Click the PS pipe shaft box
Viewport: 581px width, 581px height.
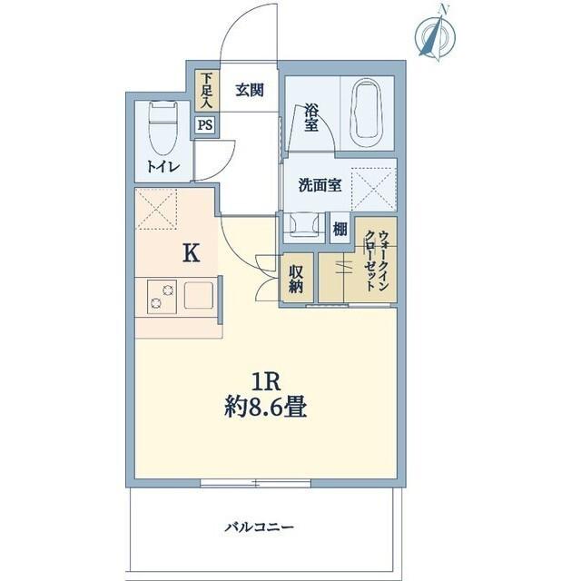(205, 126)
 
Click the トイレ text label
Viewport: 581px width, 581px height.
(163, 167)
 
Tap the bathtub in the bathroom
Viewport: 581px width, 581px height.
(368, 113)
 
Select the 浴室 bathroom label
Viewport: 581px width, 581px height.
(311, 118)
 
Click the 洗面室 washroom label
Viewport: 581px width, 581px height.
(320, 185)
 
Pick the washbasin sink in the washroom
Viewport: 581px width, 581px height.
(301, 224)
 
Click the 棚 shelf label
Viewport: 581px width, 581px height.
(340, 230)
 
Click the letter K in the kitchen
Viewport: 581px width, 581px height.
(191, 253)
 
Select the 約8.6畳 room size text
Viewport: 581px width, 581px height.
(265, 409)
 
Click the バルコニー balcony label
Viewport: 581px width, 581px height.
(261, 527)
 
